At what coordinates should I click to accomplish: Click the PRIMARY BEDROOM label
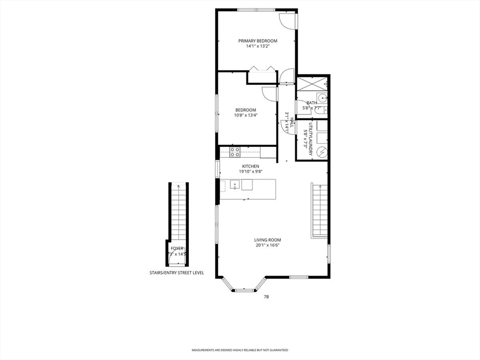(x=257, y=41)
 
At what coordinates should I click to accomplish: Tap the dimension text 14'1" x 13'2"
(x=257, y=46)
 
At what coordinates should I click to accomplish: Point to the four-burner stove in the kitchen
(x=235, y=152)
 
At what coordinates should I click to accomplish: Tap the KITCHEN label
(x=250, y=166)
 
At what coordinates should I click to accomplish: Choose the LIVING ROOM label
(x=268, y=240)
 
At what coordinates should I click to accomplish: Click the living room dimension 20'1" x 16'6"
(x=268, y=245)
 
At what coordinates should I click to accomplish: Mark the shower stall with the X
(x=312, y=84)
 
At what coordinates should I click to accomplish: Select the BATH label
(x=312, y=103)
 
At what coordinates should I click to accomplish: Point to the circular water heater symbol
(x=322, y=152)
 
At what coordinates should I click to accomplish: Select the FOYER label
(x=177, y=248)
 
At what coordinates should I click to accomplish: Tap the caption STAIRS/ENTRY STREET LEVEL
(x=177, y=272)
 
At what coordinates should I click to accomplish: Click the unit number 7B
(x=266, y=297)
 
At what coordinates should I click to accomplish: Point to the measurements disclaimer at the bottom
(x=240, y=350)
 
